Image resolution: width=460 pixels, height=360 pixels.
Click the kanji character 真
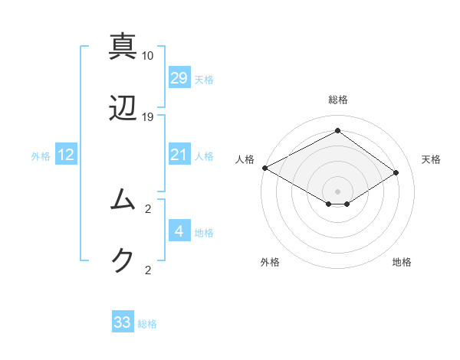(123, 46)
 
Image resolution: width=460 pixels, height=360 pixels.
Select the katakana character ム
(123, 199)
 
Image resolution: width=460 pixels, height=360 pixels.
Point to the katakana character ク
(123, 260)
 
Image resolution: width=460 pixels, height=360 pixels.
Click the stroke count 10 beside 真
(148, 56)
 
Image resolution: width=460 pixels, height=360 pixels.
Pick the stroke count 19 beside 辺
(148, 117)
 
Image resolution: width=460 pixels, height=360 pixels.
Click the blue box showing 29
(179, 78)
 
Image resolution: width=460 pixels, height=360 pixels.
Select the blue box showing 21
(179, 155)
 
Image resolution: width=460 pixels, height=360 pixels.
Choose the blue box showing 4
(179, 231)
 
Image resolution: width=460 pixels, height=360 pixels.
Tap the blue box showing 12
(66, 155)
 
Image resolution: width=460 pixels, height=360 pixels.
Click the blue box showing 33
(123, 322)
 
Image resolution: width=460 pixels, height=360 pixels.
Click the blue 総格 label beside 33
(147, 324)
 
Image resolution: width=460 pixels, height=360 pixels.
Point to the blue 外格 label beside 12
(41, 156)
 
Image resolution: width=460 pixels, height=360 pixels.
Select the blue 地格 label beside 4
(204, 233)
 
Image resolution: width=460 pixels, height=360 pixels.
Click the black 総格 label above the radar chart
(337, 100)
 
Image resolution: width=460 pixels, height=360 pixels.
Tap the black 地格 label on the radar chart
(402, 262)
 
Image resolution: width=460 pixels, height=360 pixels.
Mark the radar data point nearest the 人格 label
(264, 168)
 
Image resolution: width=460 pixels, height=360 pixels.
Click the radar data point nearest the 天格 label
(396, 173)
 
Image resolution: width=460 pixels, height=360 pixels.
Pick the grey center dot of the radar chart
(337, 191)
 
